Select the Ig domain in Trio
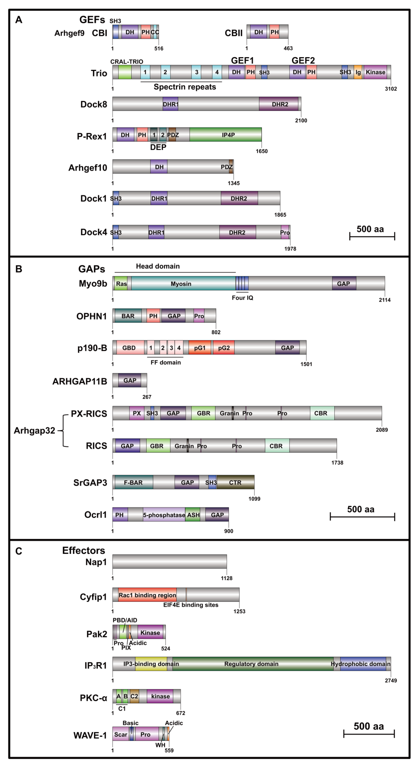pos(358,72)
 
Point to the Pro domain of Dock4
pos(285,232)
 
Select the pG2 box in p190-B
pos(224,348)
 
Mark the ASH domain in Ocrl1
pos(193,515)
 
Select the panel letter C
pos(18,551)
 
